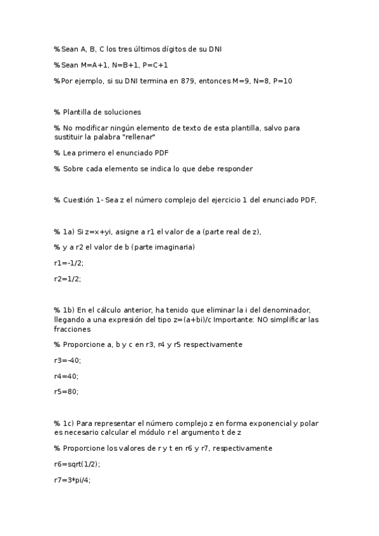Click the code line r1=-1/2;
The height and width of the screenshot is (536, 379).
pos(68,262)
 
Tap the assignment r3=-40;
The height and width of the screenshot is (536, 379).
pos(68,360)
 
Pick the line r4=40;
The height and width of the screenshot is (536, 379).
pos(66,376)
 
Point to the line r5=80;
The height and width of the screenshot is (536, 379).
pos(66,392)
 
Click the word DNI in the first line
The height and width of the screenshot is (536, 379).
pos(213,49)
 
